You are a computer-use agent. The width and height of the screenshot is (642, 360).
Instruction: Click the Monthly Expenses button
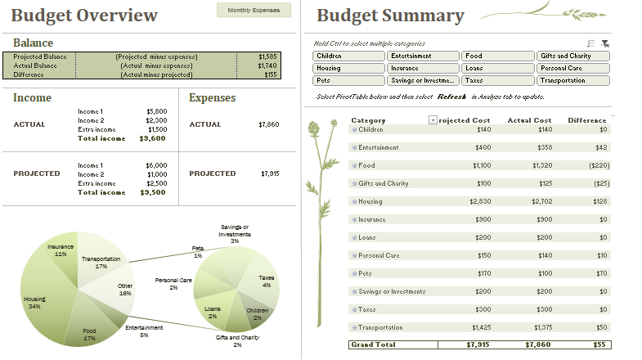coord(254,10)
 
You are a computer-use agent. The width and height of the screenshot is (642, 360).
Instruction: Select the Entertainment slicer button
coord(422,56)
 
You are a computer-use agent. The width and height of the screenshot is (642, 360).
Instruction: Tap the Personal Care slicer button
coord(573,68)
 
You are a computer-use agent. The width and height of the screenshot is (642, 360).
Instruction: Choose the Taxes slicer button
coord(497,80)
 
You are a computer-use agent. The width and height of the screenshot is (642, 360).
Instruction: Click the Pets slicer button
coord(348,80)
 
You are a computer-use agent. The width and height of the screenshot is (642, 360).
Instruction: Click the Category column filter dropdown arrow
coord(433,120)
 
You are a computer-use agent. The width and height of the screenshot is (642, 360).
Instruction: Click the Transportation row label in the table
coord(384,327)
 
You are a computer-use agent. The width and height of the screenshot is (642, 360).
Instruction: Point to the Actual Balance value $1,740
coord(267,65)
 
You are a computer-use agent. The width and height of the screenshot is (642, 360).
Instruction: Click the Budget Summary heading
coord(390,16)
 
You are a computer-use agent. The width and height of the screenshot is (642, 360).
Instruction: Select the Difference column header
coord(586,120)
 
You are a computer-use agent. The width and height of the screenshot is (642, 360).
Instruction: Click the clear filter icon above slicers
coord(605,43)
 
